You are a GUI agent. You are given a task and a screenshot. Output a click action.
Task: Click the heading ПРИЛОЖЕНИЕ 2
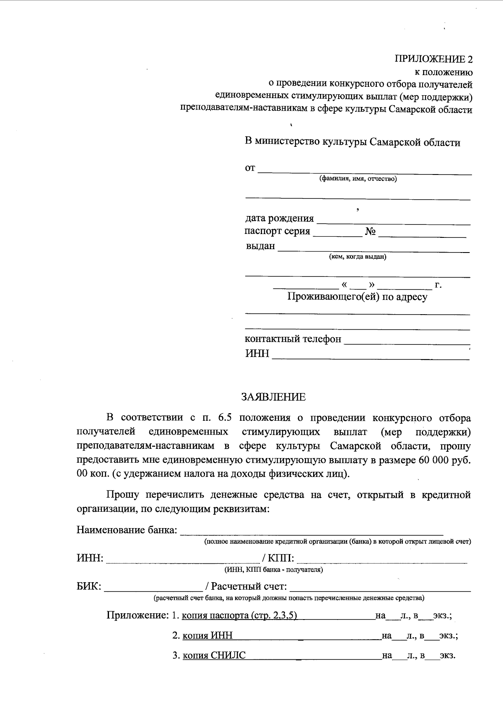(x=433, y=59)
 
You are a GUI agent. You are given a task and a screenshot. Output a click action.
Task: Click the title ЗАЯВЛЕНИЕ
(x=273, y=397)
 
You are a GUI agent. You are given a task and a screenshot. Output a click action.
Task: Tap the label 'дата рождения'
(x=279, y=219)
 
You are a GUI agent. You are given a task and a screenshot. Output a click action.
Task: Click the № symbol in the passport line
(x=370, y=232)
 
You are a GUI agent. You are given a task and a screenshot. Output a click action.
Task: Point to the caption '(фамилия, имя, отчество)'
(x=358, y=179)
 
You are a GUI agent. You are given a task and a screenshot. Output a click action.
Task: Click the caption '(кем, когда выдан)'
(x=358, y=257)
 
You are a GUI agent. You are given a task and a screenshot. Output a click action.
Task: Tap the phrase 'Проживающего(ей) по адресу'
(x=357, y=297)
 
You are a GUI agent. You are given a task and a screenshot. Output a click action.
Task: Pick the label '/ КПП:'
(x=277, y=558)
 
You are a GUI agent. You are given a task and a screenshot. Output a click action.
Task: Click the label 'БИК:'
(x=89, y=586)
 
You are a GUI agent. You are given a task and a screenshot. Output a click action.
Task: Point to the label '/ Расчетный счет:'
(x=246, y=586)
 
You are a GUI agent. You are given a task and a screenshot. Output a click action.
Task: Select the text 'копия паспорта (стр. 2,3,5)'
(x=240, y=616)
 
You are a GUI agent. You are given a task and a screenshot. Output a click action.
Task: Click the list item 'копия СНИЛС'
(x=214, y=656)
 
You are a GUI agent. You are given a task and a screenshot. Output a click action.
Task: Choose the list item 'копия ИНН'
(x=207, y=636)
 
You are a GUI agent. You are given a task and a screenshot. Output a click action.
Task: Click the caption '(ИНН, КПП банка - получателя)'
(x=273, y=570)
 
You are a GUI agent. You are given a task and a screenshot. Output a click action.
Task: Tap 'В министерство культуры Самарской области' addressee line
(x=352, y=143)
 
